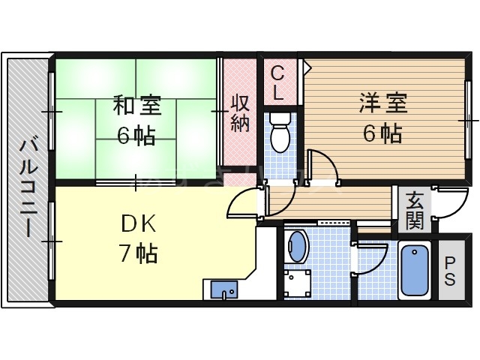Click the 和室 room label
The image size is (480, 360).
(x=135, y=105)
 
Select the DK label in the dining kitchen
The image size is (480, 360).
(x=136, y=224)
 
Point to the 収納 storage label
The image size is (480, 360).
(x=239, y=113)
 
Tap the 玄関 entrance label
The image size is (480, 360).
(x=414, y=210)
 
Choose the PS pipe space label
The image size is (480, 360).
(x=450, y=271)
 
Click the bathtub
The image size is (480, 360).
(x=415, y=271)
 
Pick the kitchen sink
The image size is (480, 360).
(x=223, y=289)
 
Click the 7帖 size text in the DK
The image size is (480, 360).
(x=136, y=254)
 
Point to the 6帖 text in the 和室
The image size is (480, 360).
(x=135, y=135)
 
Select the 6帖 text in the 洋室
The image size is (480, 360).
(x=382, y=133)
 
